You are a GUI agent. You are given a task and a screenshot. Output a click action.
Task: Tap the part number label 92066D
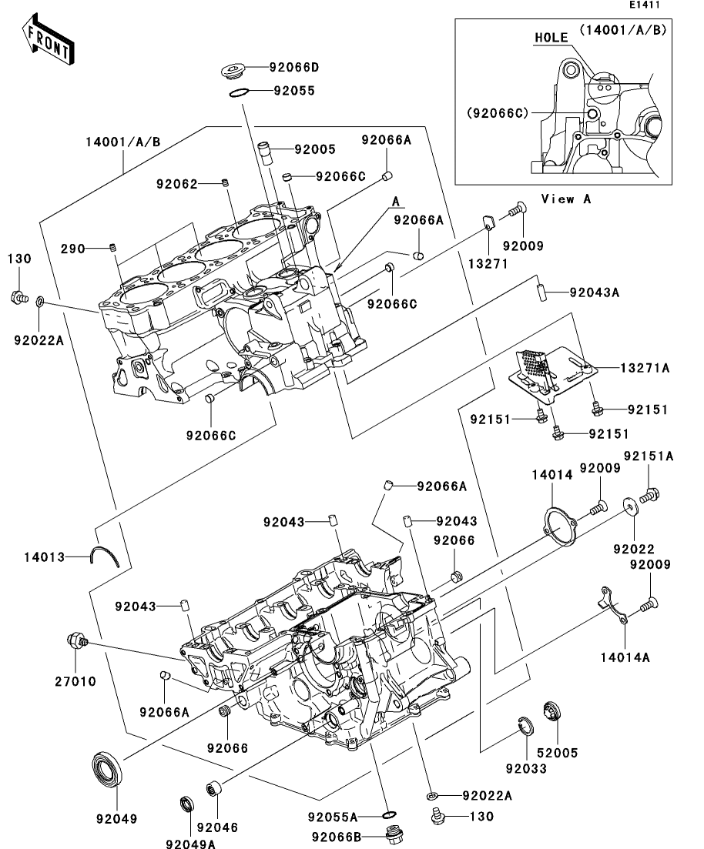click(293, 68)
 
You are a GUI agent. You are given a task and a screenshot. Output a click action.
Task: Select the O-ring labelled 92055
click(239, 92)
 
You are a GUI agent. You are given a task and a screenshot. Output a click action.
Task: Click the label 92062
click(177, 183)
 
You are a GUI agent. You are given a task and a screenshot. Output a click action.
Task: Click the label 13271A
click(645, 369)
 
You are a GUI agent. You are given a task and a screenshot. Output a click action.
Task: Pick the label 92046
click(216, 828)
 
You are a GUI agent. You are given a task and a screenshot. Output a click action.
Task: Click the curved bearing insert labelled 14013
click(106, 556)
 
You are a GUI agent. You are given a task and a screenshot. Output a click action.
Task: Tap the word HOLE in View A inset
click(551, 37)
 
